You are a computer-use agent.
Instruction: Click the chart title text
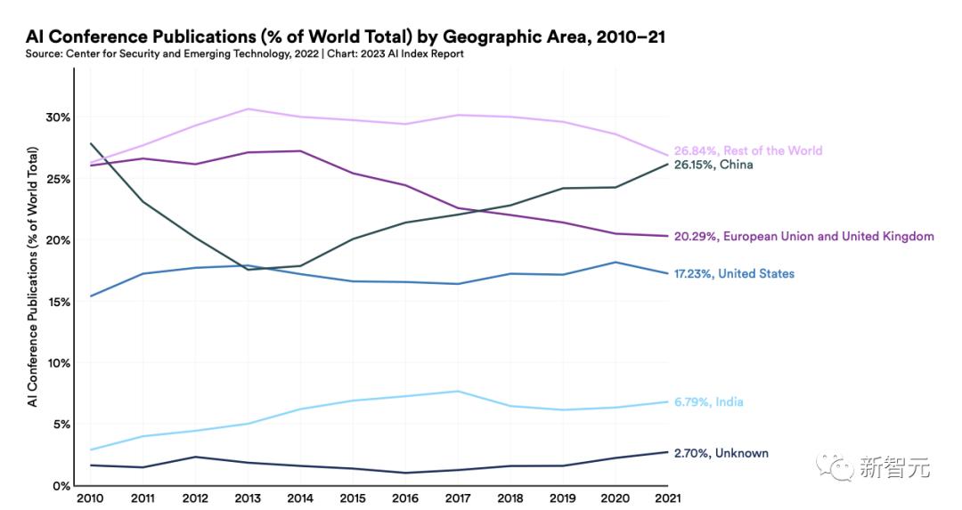(346, 36)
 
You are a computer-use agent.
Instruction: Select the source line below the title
(245, 54)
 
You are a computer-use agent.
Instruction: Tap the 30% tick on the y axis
(58, 117)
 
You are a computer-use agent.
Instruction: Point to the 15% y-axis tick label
(58, 302)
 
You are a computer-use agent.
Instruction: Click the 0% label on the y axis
(61, 486)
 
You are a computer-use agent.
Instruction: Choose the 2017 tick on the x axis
(458, 498)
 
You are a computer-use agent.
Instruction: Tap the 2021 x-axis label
(668, 498)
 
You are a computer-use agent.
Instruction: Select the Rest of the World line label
(747, 150)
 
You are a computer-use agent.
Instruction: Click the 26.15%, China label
(713, 165)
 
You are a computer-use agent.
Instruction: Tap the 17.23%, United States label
(734, 273)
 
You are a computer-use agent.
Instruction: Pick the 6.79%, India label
(708, 402)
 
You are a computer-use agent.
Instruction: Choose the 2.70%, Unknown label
(721, 453)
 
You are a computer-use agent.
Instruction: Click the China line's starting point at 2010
(90, 143)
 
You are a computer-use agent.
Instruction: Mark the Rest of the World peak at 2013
(248, 109)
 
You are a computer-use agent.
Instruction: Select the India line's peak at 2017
(458, 391)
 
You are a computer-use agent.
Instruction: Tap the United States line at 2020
(616, 262)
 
